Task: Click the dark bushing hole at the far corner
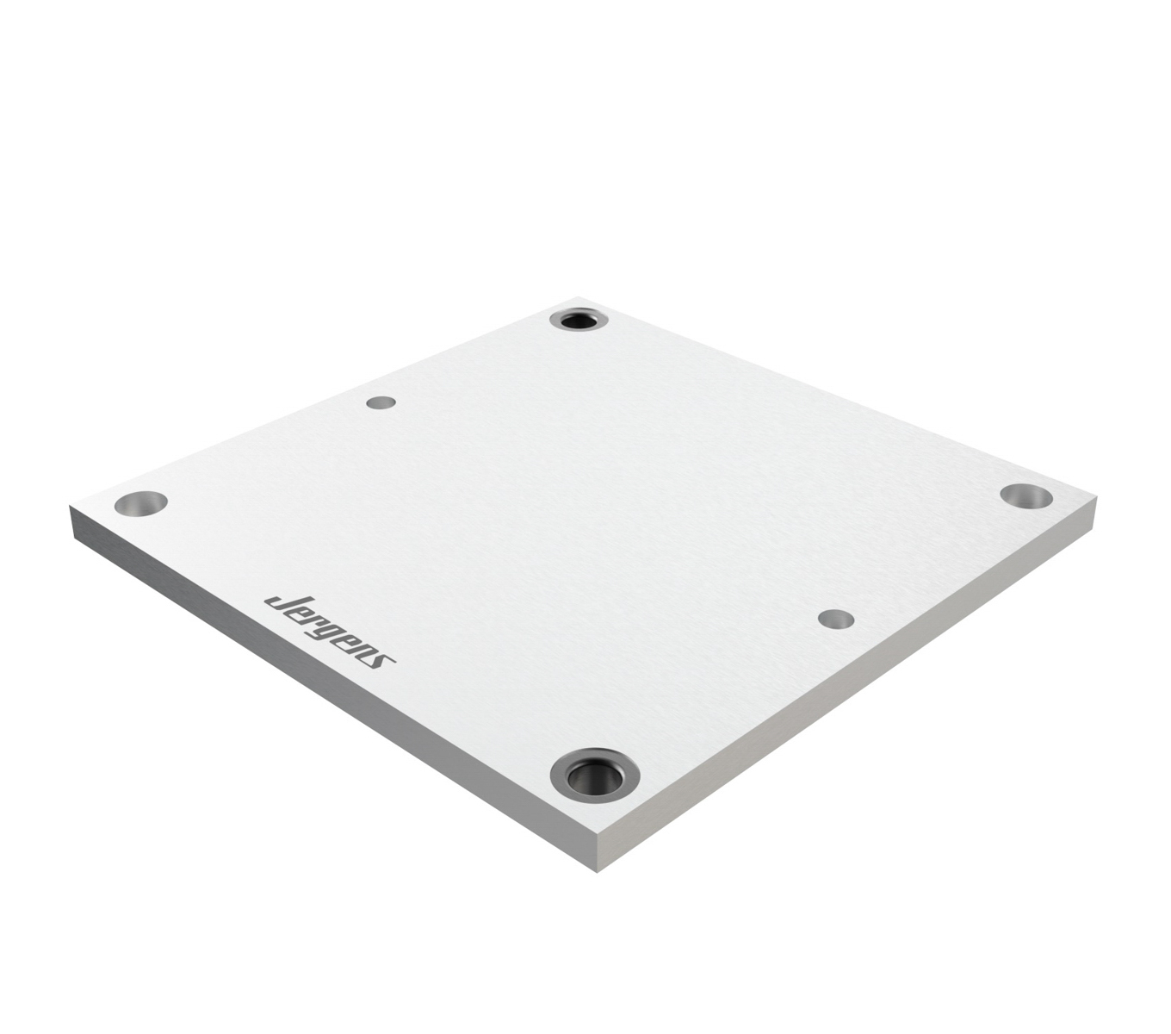[x=579, y=321]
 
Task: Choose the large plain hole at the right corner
[x=1025, y=495]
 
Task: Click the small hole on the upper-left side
[x=381, y=402]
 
